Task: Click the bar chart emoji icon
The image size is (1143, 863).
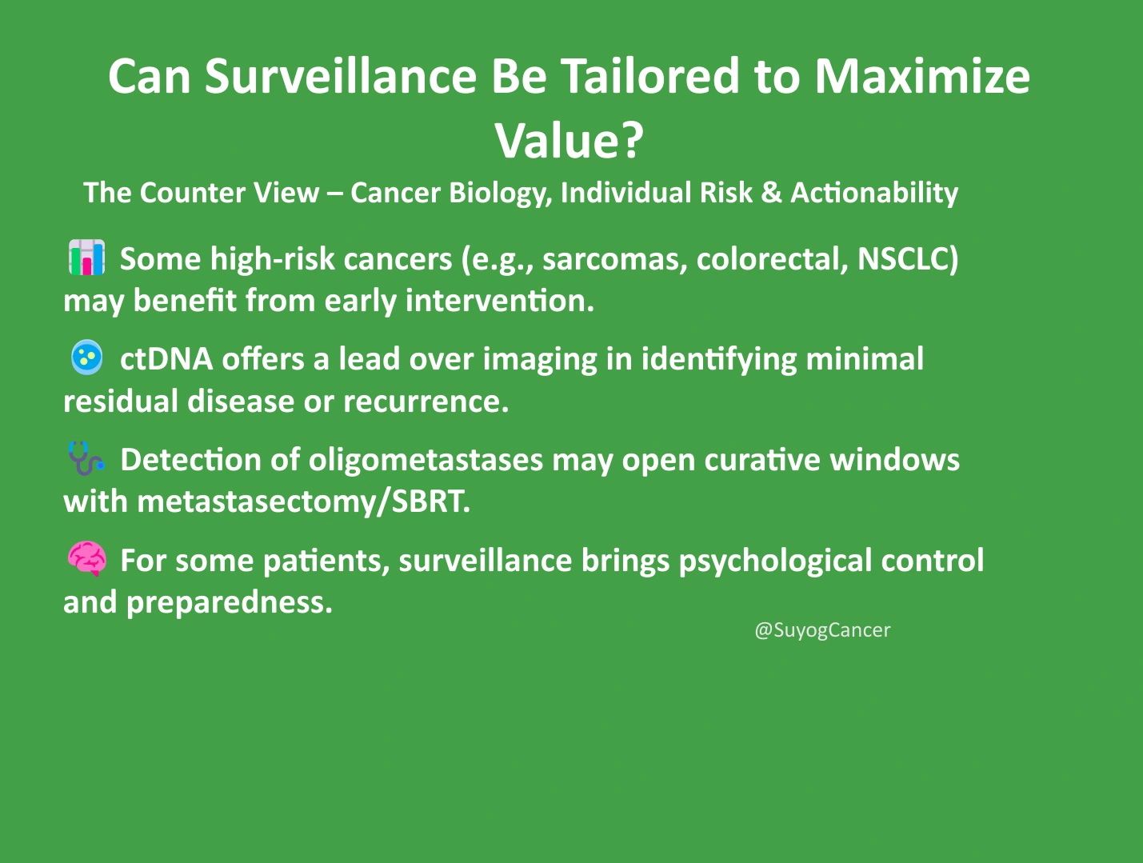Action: [87, 257]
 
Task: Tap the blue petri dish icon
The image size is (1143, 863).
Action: [86, 358]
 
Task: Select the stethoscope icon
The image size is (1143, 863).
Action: [86, 458]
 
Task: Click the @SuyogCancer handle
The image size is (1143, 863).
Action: [822, 630]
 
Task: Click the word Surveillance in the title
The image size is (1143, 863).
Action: [341, 76]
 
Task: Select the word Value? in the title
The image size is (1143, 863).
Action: [570, 141]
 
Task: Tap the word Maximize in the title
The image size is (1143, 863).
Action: [921, 76]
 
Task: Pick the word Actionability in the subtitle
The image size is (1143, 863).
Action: [874, 193]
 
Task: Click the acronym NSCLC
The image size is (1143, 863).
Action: [908, 258]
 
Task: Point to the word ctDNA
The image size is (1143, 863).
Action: [166, 358]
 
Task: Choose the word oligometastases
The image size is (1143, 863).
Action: [426, 460]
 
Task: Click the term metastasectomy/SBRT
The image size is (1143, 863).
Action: [304, 501]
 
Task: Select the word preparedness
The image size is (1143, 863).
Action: [229, 603]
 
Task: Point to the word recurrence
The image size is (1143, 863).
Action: [426, 402]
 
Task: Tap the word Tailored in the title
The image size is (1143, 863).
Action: [651, 76]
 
